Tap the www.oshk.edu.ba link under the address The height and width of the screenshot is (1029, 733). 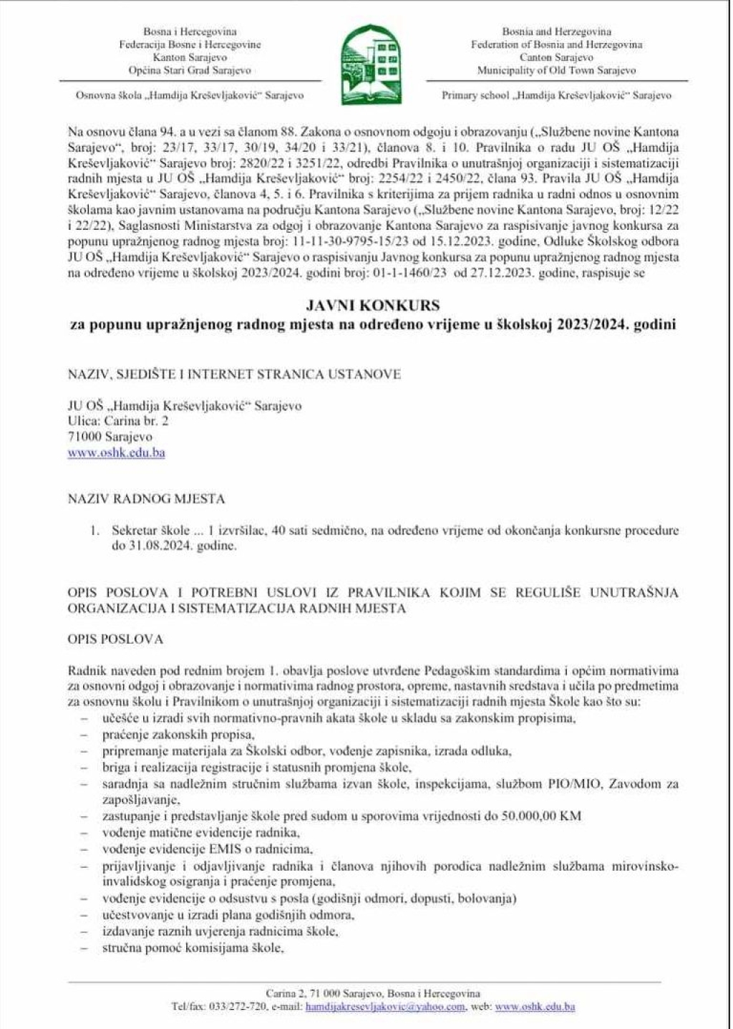117,453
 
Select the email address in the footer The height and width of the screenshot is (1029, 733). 385,1006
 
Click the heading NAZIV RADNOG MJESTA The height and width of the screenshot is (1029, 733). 146,498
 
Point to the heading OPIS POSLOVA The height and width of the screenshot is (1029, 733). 115,639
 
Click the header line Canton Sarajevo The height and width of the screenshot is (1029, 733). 556,57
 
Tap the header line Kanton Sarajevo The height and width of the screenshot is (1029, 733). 190,57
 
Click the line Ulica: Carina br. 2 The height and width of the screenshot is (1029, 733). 118,421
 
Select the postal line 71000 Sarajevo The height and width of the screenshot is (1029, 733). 110,437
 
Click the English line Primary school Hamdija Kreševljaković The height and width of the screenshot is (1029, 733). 556,95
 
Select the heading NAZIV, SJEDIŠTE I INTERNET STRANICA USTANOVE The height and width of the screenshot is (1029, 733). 234,374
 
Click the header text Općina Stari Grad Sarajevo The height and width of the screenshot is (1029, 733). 190,70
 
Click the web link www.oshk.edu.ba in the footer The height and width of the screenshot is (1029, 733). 535,1006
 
